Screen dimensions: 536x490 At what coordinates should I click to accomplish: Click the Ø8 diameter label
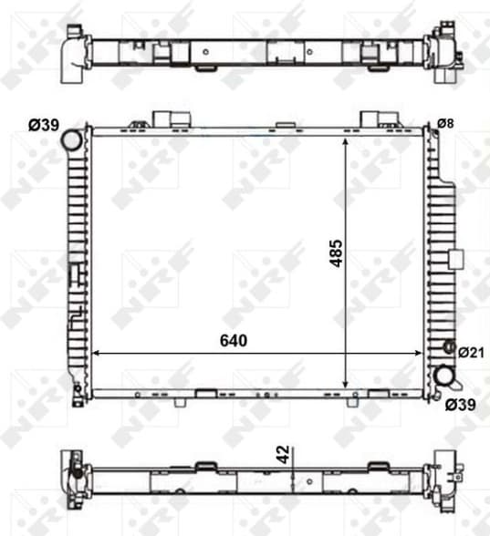click(x=446, y=123)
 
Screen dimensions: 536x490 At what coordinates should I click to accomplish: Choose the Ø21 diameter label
click(x=471, y=352)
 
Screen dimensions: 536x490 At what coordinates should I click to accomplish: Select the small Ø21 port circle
click(x=447, y=347)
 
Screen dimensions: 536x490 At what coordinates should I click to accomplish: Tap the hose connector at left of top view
click(x=70, y=53)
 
